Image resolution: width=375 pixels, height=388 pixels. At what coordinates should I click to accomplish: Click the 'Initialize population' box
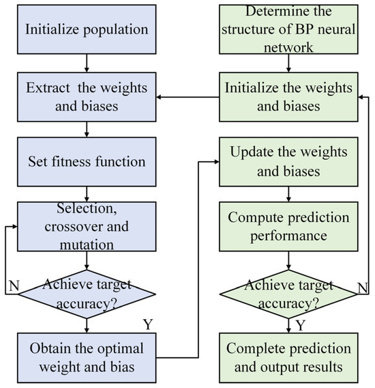pos(87,29)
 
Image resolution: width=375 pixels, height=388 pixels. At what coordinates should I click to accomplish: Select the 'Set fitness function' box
pos(87,162)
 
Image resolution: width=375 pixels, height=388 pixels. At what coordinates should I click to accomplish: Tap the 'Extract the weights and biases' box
pos(87,97)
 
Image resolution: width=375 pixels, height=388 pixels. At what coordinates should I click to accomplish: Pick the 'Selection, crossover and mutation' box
pos(87,227)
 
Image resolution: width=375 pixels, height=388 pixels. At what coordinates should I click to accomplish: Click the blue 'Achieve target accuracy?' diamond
pos(87,294)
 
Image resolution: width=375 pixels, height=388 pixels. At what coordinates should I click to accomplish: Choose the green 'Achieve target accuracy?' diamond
pos(288,294)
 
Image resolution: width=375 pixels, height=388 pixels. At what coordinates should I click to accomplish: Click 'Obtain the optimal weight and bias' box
pos(87,358)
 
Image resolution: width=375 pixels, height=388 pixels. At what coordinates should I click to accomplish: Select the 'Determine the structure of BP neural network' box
pos(288,29)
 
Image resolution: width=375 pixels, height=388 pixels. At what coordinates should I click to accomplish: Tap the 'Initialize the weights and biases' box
pos(288,97)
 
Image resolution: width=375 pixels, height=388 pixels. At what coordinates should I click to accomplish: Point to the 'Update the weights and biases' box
pos(288,162)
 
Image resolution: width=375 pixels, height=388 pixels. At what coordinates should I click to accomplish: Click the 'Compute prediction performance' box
pos(288,227)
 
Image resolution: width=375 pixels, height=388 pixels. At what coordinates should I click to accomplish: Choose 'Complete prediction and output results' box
pos(288,358)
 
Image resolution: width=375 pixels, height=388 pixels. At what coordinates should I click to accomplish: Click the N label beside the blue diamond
pos(14,286)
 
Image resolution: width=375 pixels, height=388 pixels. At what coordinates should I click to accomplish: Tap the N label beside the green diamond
pos(363,288)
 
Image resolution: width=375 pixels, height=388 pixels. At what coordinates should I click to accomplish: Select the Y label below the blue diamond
pos(148,324)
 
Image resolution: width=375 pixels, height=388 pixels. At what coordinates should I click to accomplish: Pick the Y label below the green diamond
pos(301,325)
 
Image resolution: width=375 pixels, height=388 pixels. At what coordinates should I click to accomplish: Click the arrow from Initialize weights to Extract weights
pos(187,97)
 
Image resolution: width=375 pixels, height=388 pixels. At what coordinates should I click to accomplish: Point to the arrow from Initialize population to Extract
pos(87,63)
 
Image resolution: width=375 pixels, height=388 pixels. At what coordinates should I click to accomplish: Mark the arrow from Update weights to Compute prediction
pos(288,194)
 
